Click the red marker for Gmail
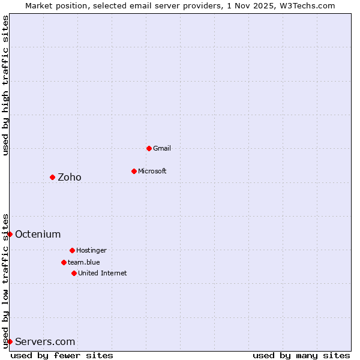[149, 148]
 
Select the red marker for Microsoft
[134, 171]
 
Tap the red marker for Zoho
[52, 177]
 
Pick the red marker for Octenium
[10, 234]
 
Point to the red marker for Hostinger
[72, 250]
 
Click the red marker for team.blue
[64, 262]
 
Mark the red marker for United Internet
[74, 273]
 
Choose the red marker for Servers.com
[10, 341]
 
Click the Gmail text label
[162, 148]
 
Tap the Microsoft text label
[152, 171]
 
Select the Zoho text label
[70, 177]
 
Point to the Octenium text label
[38, 234]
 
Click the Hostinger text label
[91, 250]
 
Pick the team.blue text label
[84, 262]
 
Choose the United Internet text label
[103, 273]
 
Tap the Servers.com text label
[45, 341]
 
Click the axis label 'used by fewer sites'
[62, 355]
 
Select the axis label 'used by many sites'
[301, 355]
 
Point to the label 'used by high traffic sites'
[6, 85]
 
